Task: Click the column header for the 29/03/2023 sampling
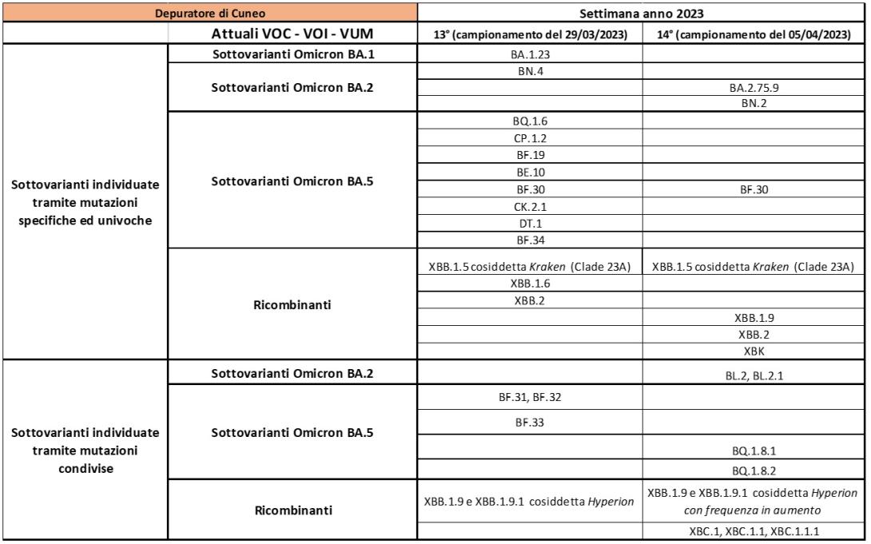point(530,34)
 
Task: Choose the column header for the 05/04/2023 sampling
point(754,34)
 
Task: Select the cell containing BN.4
point(530,72)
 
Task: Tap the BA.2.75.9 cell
point(754,89)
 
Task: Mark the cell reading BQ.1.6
point(530,122)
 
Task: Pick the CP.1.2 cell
point(530,139)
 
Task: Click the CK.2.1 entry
point(530,206)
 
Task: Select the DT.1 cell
point(530,223)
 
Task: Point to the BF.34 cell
point(530,239)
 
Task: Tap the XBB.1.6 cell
point(530,284)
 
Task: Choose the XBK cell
point(754,350)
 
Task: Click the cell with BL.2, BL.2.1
point(754,374)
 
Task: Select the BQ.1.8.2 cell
point(754,472)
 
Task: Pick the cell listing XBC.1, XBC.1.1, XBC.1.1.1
point(754,530)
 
